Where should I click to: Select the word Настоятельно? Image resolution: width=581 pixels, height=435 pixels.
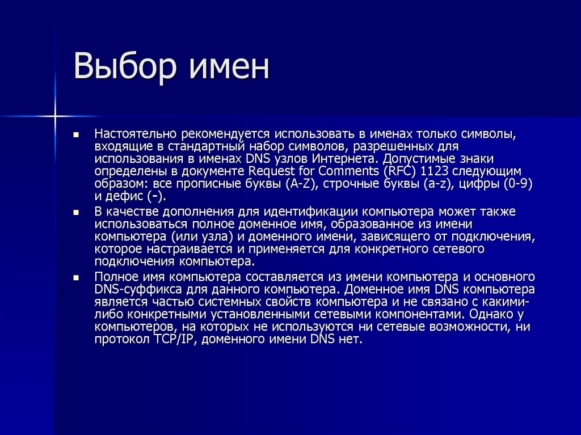pos(136,134)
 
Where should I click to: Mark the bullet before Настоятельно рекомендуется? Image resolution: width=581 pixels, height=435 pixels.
pos(75,136)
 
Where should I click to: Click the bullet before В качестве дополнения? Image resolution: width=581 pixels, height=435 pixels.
pos(75,212)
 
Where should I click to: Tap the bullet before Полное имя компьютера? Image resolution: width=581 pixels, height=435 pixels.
pos(75,277)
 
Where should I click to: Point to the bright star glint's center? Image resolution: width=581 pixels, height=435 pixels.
pos(56,117)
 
